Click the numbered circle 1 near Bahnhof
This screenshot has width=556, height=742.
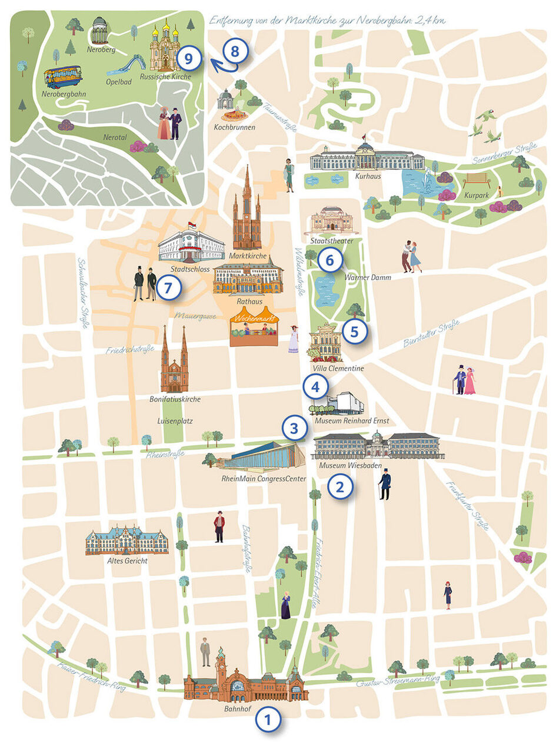point(268,719)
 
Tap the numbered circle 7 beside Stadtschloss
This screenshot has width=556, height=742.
point(169,289)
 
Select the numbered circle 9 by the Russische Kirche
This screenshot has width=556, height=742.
point(188,58)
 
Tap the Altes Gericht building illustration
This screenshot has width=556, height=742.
point(126,540)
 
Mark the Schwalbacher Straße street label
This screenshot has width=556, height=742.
point(84,293)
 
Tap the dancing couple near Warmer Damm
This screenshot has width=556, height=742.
point(412,256)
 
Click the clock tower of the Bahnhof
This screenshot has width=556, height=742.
point(221,665)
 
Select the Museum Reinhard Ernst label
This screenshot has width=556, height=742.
point(351,422)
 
